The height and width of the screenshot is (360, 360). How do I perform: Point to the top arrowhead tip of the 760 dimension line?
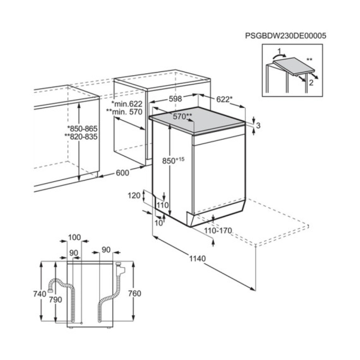tap(133, 262)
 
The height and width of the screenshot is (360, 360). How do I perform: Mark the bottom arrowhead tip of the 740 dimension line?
tap(41, 320)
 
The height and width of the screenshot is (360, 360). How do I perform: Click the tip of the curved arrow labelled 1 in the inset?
tap(286, 55)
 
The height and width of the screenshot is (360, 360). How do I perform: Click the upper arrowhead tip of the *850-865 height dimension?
tap(79, 103)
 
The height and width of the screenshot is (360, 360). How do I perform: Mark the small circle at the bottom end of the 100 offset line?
tap(82, 323)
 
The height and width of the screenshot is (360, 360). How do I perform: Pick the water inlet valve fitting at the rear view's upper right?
tap(120, 269)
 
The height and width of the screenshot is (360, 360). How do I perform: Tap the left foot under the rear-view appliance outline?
tap(71, 328)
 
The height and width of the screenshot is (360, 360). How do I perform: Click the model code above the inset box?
tap(286, 36)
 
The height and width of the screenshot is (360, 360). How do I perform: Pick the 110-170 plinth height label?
tap(218, 230)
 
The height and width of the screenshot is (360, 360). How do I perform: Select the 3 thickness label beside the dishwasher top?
tap(258, 125)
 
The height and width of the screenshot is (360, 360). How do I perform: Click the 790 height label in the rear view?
tap(55, 299)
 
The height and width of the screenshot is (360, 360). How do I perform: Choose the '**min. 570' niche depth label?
tap(124, 112)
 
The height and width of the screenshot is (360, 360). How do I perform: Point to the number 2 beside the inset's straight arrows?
tap(311, 82)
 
